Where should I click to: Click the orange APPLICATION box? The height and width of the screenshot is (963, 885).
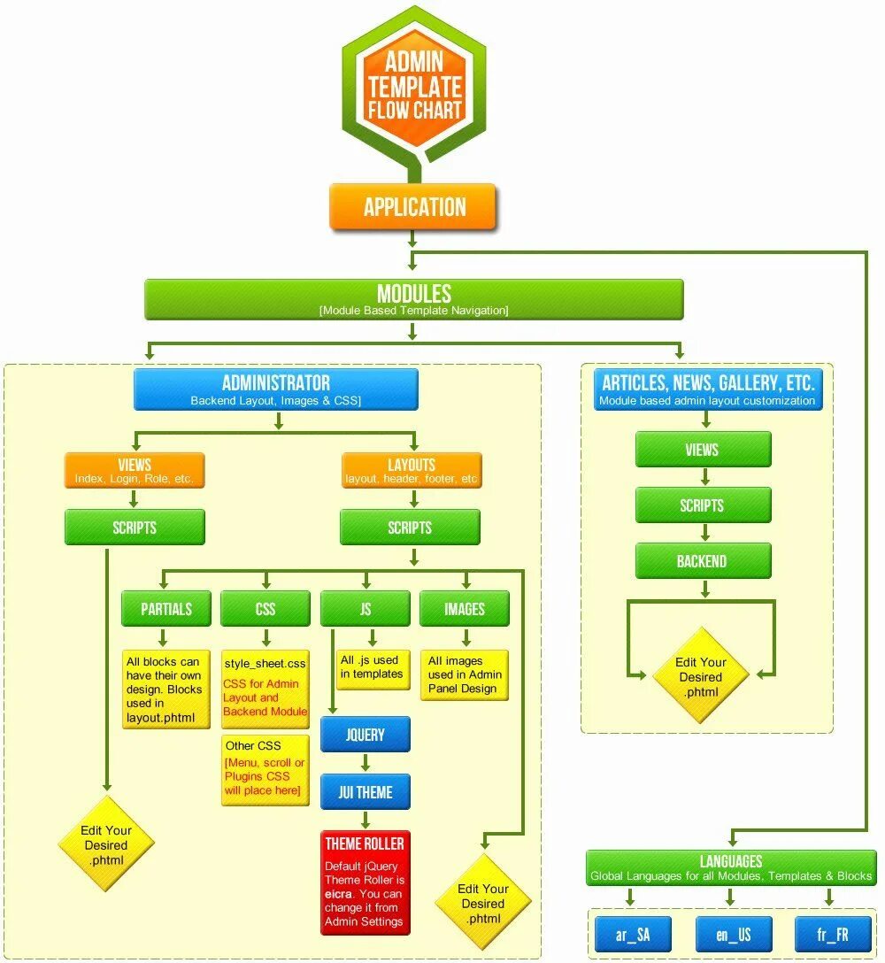(413, 207)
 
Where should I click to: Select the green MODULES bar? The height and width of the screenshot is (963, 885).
(413, 299)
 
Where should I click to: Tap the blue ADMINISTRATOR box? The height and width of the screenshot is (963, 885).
(276, 389)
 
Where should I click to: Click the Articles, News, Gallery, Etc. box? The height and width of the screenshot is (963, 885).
(707, 389)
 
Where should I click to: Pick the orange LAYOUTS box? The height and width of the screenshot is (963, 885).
(412, 470)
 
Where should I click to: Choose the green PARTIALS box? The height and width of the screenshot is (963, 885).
(166, 609)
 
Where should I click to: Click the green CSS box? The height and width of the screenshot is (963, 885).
(265, 609)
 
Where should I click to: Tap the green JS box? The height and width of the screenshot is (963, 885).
(365, 609)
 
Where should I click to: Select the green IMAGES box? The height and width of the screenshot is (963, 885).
(464, 609)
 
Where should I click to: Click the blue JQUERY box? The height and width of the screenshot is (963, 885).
(365, 735)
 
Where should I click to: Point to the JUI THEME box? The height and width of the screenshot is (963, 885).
(365, 792)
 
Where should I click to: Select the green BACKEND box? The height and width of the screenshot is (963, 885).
(703, 561)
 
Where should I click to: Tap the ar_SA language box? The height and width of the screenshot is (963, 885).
(633, 935)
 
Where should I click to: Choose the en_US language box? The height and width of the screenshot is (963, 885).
(733, 935)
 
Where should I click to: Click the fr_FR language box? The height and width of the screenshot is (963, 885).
(832, 935)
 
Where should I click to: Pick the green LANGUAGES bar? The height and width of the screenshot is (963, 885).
(731, 867)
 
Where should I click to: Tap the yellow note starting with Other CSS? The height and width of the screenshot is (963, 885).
(265, 770)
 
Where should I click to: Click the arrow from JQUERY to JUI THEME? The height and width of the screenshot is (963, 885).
(365, 763)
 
